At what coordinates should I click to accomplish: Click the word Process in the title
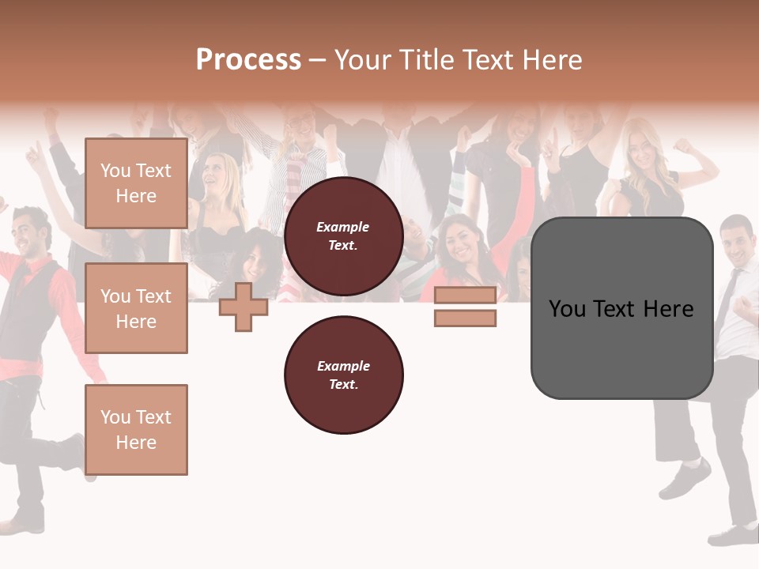pos(248,60)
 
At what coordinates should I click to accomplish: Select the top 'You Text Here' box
pos(136,183)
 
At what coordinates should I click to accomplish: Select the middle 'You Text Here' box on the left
pos(136,308)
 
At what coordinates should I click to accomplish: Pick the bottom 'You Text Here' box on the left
pos(136,429)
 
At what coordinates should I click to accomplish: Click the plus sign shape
pos(243,307)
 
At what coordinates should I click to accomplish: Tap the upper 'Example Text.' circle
pos(343,236)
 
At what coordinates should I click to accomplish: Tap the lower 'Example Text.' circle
pos(343,375)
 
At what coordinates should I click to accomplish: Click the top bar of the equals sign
pos(465,295)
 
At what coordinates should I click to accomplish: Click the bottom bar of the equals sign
pos(465,318)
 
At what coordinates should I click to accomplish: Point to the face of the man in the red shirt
pos(32,231)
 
